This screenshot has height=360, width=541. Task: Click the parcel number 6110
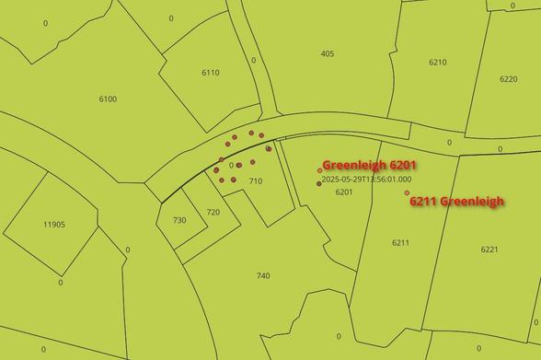pos(211,73)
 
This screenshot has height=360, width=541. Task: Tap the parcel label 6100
pos(108,99)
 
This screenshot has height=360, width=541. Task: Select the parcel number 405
pos(328,53)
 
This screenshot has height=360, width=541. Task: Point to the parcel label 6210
pos(437,63)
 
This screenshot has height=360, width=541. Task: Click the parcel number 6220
pos(508,79)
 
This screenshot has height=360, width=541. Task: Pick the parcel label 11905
pos(54,224)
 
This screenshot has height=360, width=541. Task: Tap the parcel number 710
pos(256,181)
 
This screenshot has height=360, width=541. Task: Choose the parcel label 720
pos(213,212)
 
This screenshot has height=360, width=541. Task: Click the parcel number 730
pos(179,220)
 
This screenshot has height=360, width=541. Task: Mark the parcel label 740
pos(263,276)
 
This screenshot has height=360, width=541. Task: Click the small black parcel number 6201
pos(344,192)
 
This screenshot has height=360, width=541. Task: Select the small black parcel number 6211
pos(400,242)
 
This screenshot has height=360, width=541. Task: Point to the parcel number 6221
pos(489,250)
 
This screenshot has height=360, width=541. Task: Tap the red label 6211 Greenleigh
pos(457,202)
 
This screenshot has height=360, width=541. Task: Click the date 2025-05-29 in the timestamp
pos(346,180)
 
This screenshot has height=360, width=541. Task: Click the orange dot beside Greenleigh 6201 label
pos(319,169)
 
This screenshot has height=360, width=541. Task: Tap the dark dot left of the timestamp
pos(318,183)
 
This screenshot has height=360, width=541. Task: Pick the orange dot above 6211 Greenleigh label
pos(407,192)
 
